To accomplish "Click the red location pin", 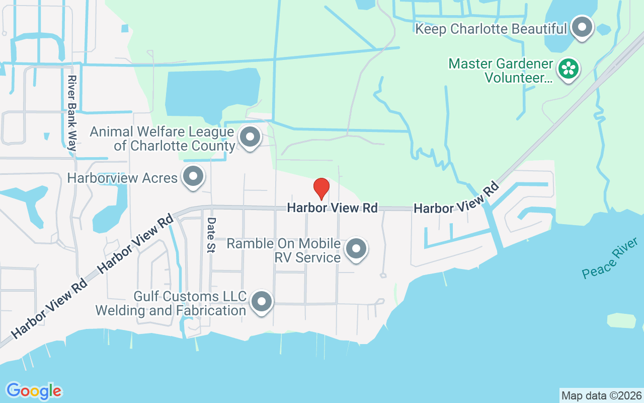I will tap(321, 188).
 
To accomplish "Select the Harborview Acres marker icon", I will tap(193, 177).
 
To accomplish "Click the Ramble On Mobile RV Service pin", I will tap(357, 248).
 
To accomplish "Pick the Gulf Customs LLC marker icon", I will tap(261, 302).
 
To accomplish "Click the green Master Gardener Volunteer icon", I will tap(569, 69).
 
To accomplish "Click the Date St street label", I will tap(211, 235).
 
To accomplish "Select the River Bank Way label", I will tap(72, 113).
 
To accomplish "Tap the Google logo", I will tap(34, 391).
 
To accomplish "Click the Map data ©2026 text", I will tap(601, 395).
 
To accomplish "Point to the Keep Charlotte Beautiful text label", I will tap(491, 29).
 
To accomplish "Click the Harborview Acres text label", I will tap(122, 178).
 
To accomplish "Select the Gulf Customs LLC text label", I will tap(171, 303).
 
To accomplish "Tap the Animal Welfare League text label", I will tap(162, 139).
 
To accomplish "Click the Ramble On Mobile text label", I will tap(283, 250).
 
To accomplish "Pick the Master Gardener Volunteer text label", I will tap(501, 71).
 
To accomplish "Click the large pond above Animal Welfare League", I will tap(211, 93).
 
